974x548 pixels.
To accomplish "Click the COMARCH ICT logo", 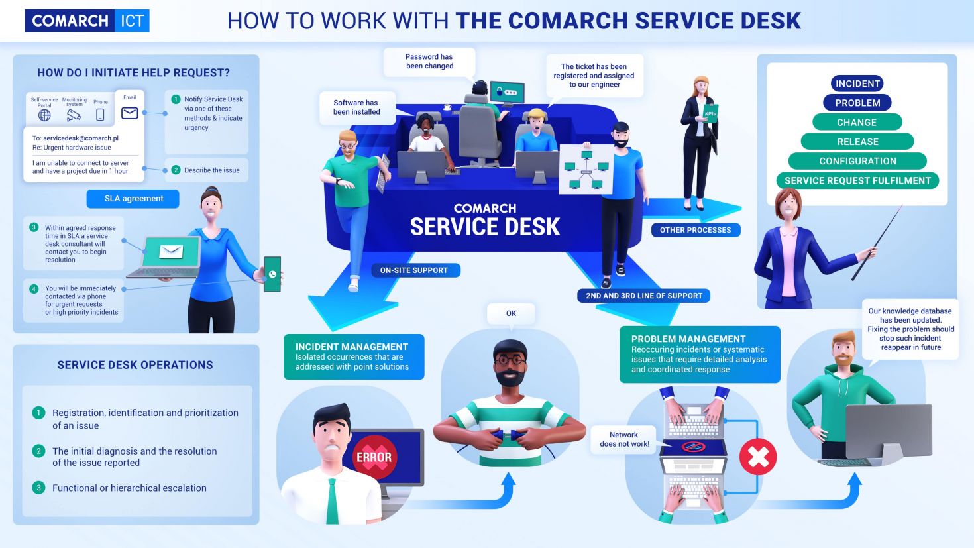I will click(x=87, y=21).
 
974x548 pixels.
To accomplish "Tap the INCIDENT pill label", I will click(x=857, y=83).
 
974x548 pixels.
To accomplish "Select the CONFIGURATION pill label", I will click(x=857, y=161).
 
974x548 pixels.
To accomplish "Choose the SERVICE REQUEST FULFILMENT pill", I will click(x=857, y=180).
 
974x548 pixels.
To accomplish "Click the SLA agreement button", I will click(x=133, y=199).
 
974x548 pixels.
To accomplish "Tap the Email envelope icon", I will click(x=130, y=113).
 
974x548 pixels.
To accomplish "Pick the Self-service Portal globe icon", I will click(x=44, y=115).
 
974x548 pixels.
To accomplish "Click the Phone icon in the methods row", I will click(x=100, y=115).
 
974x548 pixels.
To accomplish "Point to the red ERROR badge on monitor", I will click(x=374, y=457).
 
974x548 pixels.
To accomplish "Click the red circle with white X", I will click(x=758, y=457).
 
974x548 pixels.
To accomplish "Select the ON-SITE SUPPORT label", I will click(x=413, y=270).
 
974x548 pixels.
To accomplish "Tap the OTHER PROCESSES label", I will click(x=695, y=230).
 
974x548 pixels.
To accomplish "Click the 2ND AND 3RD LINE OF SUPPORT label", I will click(x=643, y=296).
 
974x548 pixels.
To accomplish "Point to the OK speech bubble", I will click(x=511, y=313).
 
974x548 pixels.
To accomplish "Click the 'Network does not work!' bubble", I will click(x=624, y=439).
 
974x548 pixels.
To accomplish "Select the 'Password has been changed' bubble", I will click(x=429, y=62).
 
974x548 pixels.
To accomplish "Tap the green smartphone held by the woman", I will click(x=272, y=274).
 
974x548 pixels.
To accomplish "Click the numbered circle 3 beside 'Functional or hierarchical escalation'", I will click(x=38, y=488).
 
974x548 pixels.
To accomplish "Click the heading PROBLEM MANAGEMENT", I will click(x=688, y=339).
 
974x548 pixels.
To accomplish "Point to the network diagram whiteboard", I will click(x=586, y=170).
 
